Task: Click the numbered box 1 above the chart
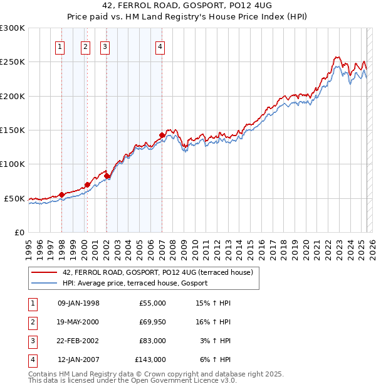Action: click(60, 46)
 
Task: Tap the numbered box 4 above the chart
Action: click(160, 46)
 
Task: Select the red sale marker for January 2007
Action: click(162, 135)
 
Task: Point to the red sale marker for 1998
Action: click(61, 194)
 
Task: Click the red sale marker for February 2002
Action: click(107, 176)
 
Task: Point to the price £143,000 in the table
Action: click(150, 360)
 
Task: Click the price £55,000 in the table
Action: click(152, 303)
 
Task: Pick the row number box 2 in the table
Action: click(31, 322)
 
